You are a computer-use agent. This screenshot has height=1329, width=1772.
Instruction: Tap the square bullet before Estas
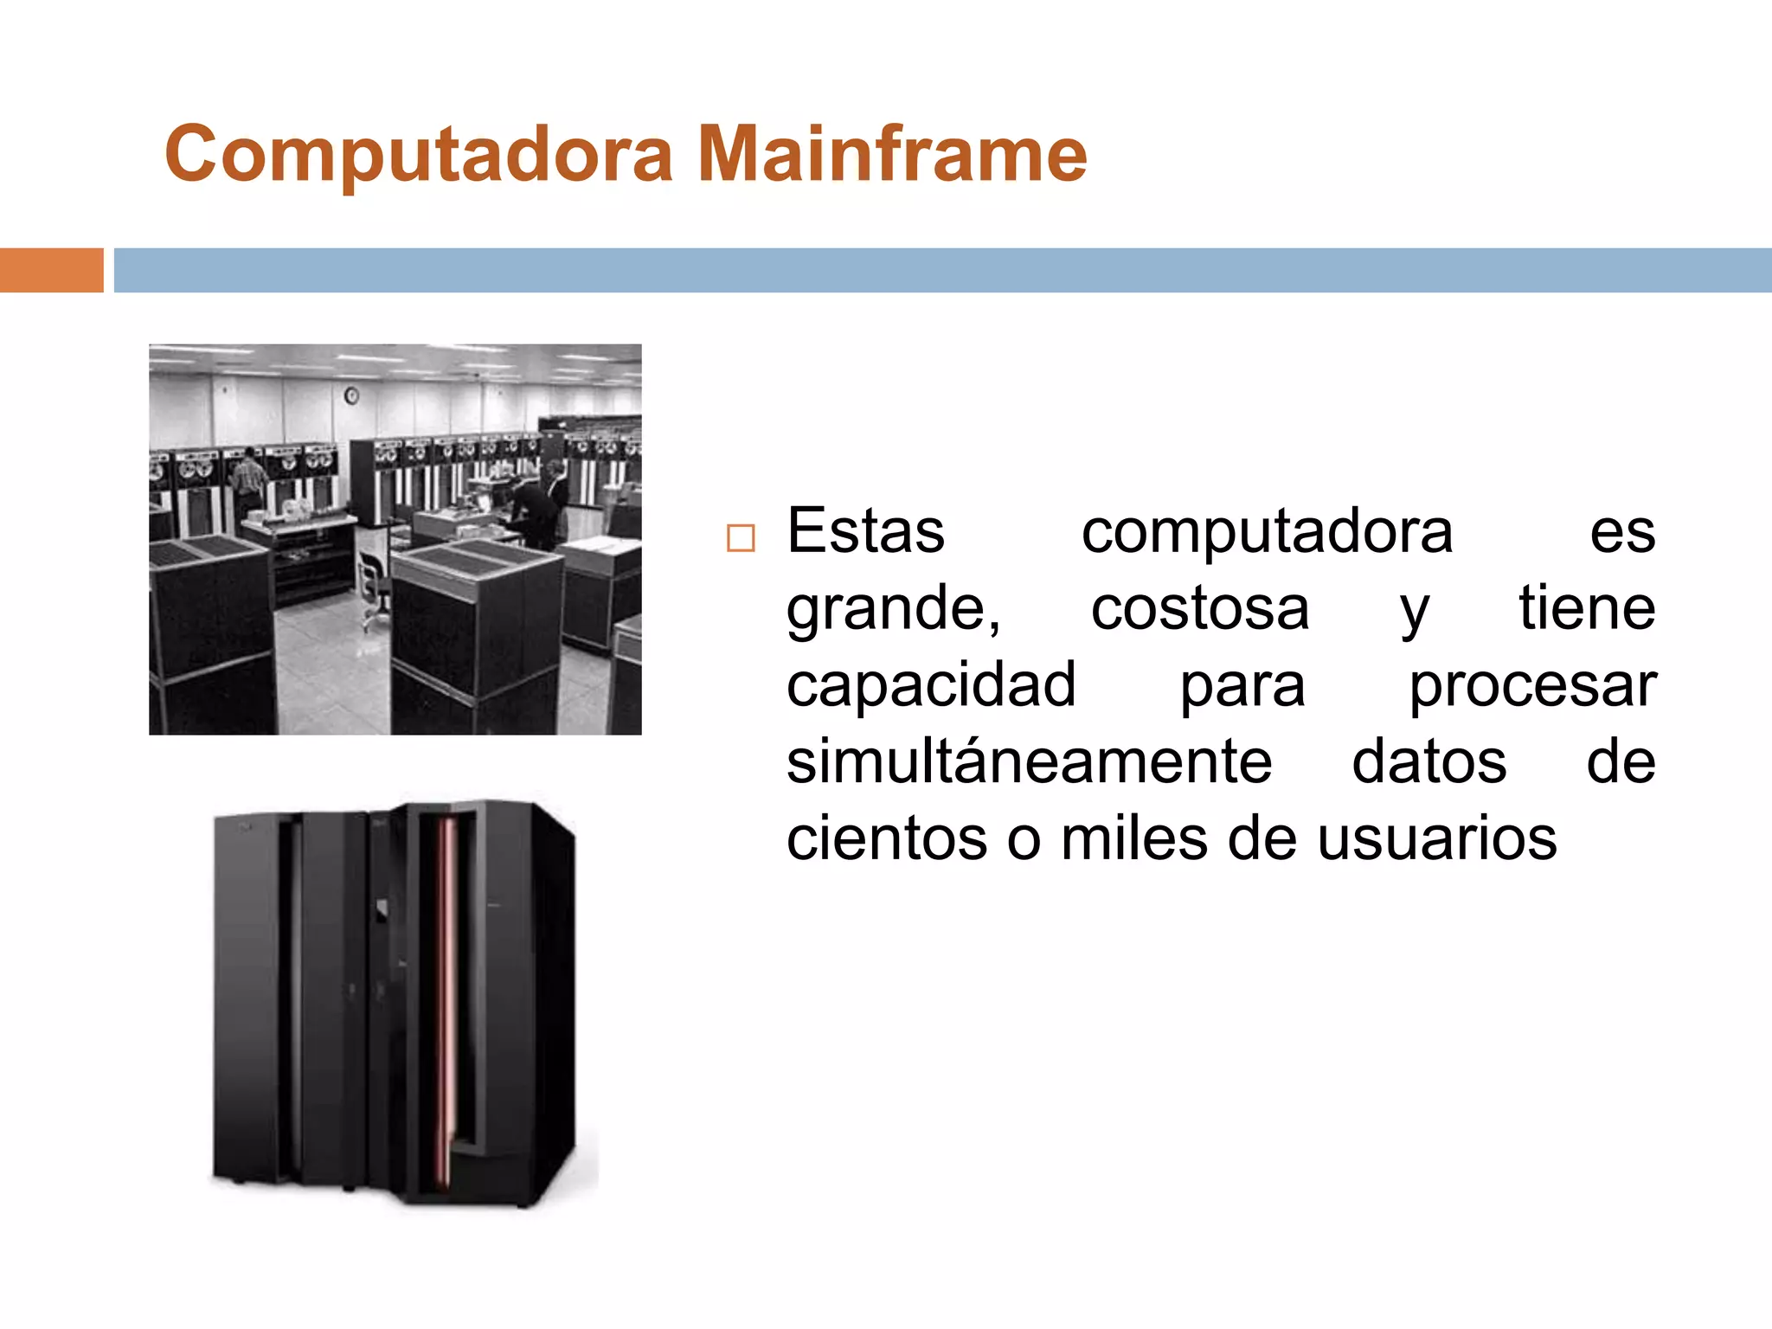click(741, 538)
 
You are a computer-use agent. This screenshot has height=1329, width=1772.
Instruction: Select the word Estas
click(865, 531)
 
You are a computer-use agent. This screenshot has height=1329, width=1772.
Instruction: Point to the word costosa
click(1199, 608)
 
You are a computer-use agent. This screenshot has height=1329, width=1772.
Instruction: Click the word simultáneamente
click(1029, 762)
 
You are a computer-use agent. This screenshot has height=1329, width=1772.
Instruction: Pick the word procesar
click(1532, 685)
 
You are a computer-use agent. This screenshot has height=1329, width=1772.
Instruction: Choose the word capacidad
click(931, 685)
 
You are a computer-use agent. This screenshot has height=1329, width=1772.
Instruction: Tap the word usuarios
click(1437, 839)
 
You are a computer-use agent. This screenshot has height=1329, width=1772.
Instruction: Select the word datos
click(1429, 762)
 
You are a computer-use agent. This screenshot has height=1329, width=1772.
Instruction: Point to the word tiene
click(1587, 608)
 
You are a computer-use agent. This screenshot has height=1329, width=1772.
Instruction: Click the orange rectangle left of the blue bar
click(51, 270)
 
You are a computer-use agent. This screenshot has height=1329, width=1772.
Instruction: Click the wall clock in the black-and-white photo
click(352, 396)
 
